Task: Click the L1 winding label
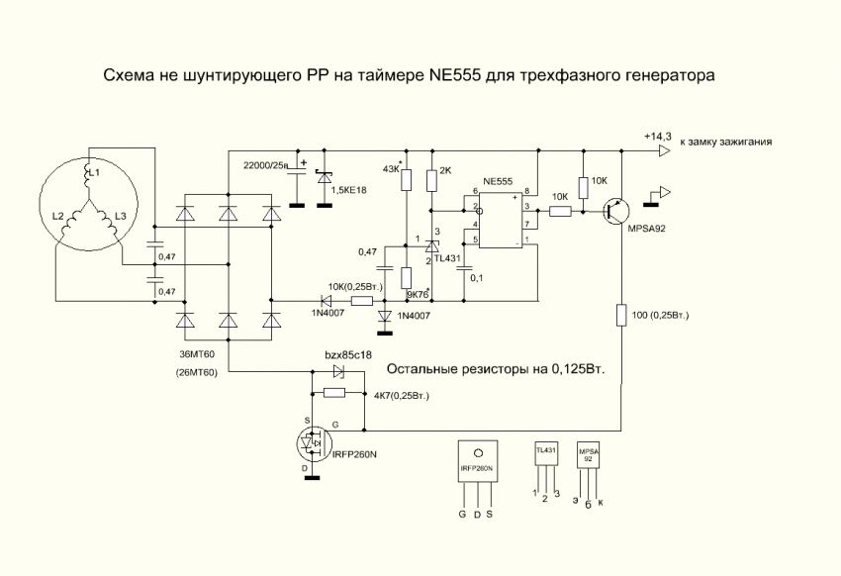click(x=93, y=174)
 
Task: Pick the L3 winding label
click(x=121, y=216)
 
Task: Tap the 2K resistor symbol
click(x=431, y=180)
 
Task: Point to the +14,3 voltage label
click(x=657, y=136)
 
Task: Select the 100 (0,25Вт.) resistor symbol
click(x=620, y=316)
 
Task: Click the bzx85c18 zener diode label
click(x=348, y=355)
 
